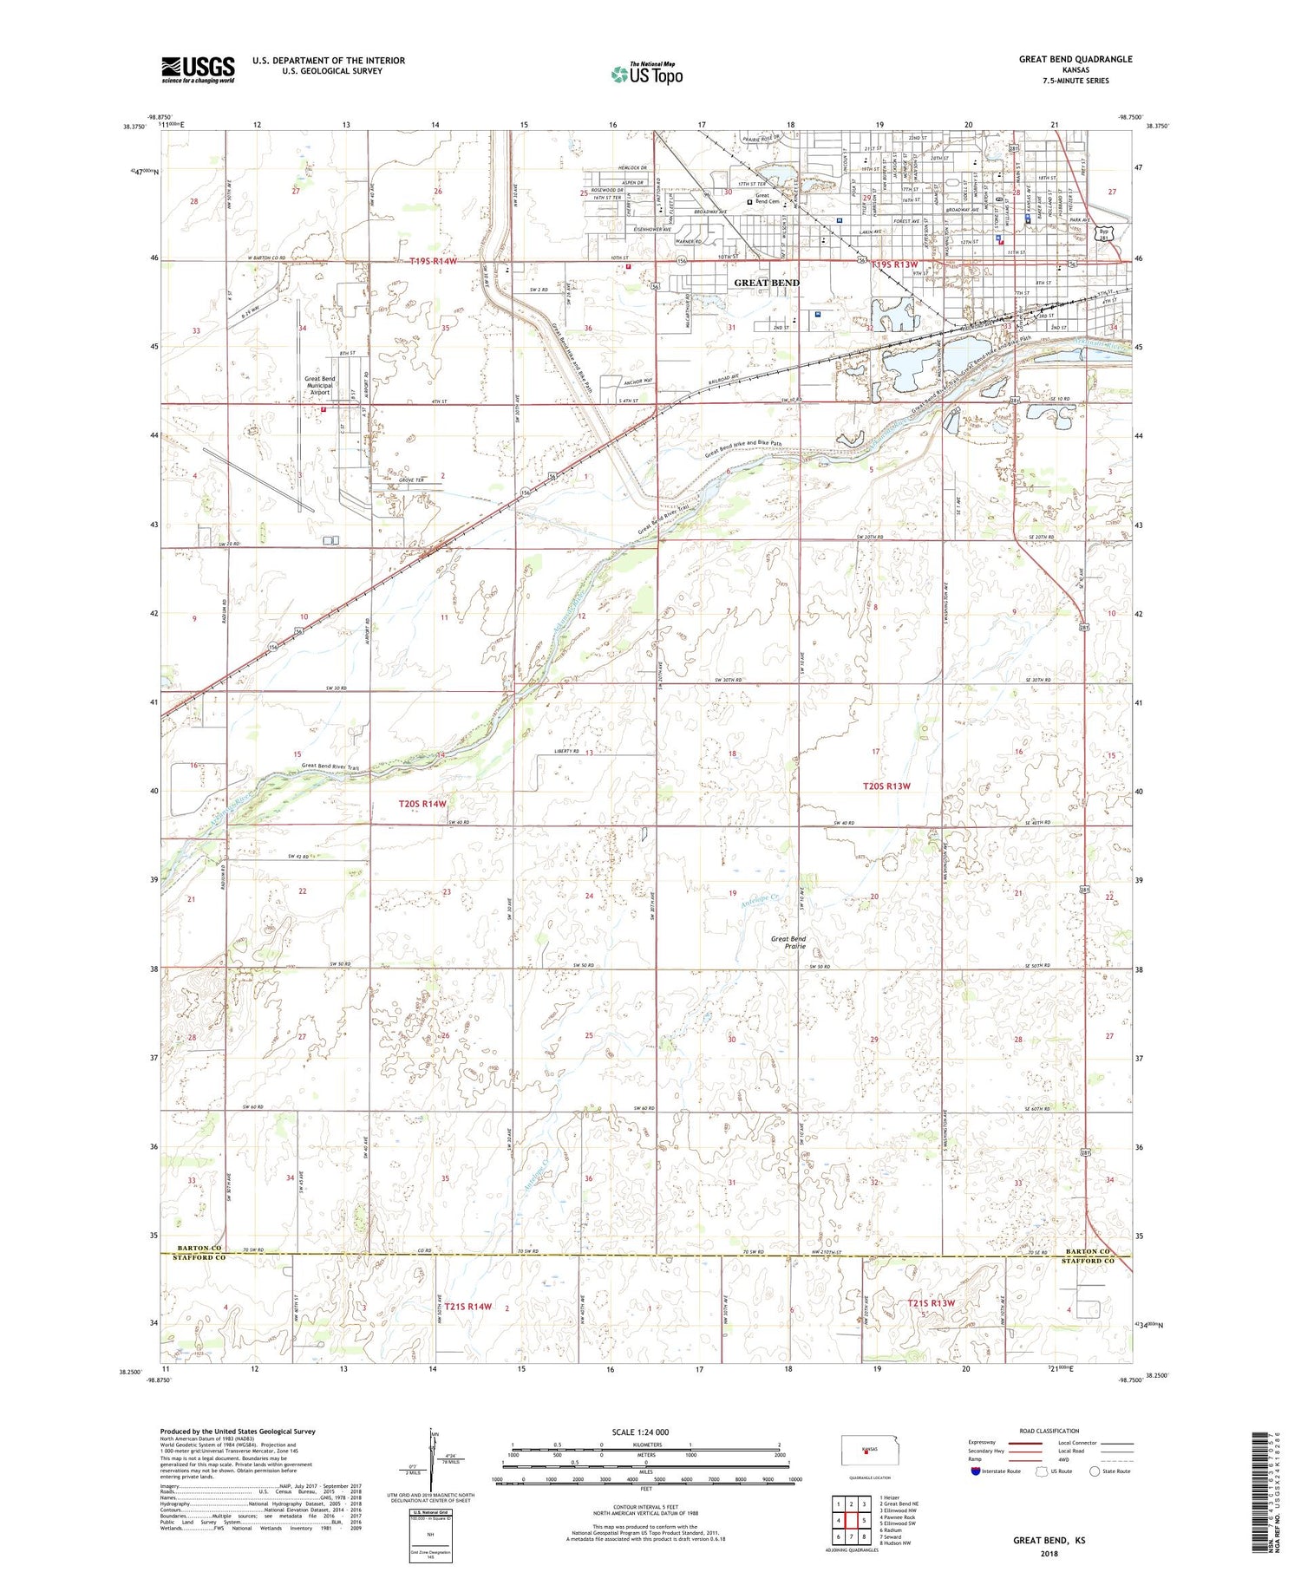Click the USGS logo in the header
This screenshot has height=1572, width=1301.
(x=198, y=69)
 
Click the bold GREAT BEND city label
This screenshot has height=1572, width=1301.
(x=767, y=283)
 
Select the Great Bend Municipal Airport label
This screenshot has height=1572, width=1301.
(x=319, y=386)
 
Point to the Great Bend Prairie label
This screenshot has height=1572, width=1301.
(x=788, y=943)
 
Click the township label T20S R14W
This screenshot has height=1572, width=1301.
(x=422, y=804)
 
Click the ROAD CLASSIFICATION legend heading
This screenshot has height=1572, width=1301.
(x=1049, y=1431)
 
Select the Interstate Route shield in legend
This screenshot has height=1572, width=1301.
(x=977, y=1471)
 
